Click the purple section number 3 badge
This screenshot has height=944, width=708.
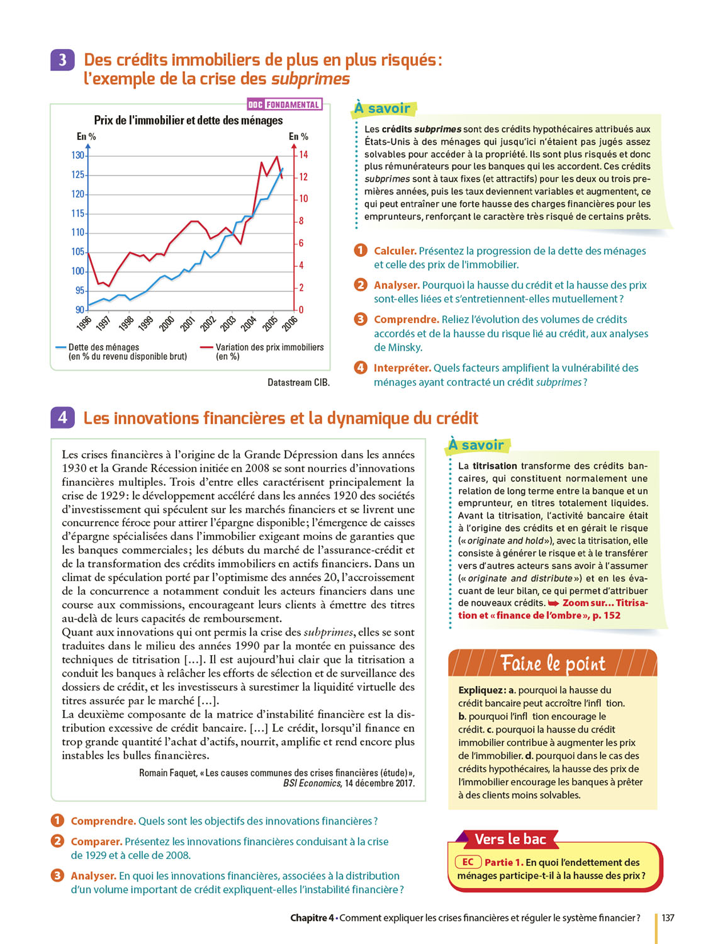coord(62,60)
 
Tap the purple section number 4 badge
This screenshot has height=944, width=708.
coord(62,418)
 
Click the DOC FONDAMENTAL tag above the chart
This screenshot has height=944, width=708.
coord(284,104)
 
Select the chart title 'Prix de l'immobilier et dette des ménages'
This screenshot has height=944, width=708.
coord(188,120)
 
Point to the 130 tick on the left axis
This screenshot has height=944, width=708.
coord(77,155)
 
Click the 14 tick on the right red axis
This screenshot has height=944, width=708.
coord(303,155)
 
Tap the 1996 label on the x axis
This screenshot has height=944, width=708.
coord(83,323)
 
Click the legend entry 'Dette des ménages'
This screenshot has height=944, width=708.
coord(103,347)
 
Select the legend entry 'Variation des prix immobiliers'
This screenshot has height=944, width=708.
coord(269,347)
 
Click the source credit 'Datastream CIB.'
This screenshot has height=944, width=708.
coord(298,383)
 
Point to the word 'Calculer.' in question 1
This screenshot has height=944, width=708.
coord(395,251)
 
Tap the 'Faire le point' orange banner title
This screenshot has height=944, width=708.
coord(553,664)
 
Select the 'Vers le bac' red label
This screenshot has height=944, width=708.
coord(510,840)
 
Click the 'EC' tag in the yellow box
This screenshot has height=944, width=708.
coord(468,862)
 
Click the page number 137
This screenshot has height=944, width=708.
coord(668,918)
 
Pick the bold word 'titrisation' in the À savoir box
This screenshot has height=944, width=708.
coord(495,466)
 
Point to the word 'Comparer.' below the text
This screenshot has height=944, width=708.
coord(96,842)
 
